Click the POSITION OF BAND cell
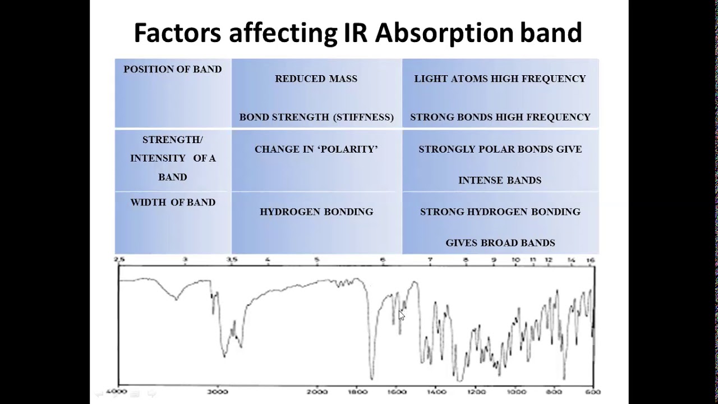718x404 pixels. coord(173,69)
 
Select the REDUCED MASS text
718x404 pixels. coord(316,79)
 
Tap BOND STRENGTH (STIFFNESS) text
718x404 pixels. coord(316,117)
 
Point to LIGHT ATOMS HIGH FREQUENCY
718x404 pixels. coord(500,79)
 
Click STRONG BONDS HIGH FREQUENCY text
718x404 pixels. coord(500,117)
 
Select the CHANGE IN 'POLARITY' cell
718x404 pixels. coord(316,149)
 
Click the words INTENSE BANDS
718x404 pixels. coord(500,180)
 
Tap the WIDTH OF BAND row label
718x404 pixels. coord(173,203)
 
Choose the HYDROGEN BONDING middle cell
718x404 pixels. coord(316,212)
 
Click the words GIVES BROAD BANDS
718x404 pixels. coord(500,243)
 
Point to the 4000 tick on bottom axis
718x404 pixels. coord(119,392)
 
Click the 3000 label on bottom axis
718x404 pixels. coord(218,392)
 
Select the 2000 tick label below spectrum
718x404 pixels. coord(317,392)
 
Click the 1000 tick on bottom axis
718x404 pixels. coord(517,392)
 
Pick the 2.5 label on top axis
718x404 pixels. coord(119,260)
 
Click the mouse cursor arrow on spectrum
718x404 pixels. coord(401,315)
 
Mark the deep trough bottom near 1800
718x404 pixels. coord(371,378)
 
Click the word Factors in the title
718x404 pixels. coord(177,33)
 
